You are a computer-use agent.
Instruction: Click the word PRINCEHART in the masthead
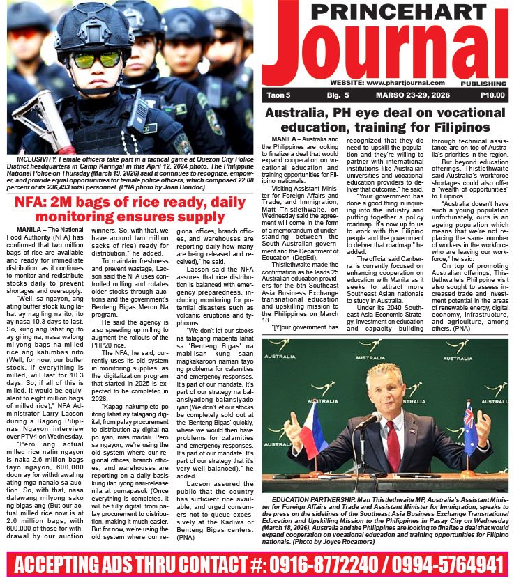click(x=386, y=12)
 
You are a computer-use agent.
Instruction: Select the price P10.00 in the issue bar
click(x=492, y=95)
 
